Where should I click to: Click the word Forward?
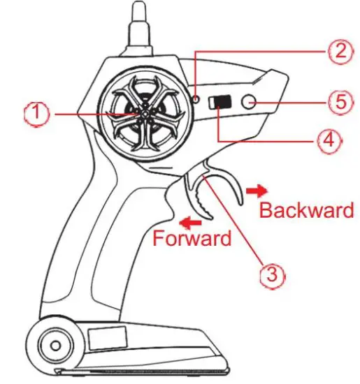[192, 238]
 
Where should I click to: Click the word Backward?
[307, 210]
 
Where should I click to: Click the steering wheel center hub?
[143, 112]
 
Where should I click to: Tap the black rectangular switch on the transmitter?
[222, 101]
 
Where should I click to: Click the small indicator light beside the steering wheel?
[197, 99]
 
